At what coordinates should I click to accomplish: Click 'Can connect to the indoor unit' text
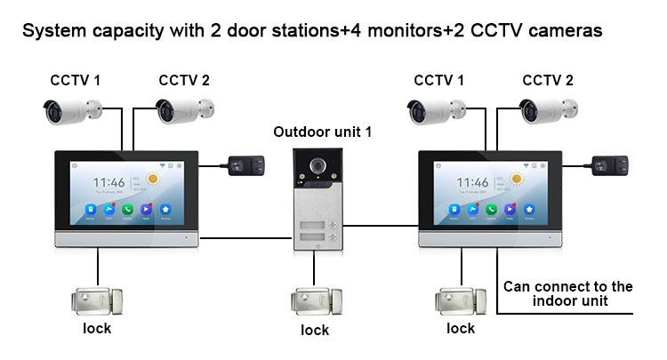(567, 293)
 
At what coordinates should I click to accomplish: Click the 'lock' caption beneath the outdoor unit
(314, 331)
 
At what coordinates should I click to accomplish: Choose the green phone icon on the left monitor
(125, 210)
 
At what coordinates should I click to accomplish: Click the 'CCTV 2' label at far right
(548, 81)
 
